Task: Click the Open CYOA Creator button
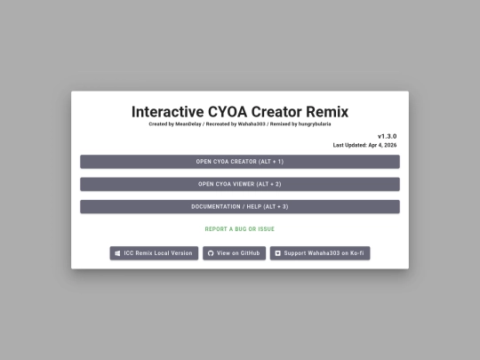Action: [x=240, y=162]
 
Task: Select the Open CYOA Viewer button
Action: [x=240, y=184]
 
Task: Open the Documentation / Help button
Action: [x=240, y=206]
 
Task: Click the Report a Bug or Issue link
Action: [x=240, y=229]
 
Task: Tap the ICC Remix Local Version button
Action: [x=154, y=253]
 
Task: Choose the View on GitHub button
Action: [x=234, y=253]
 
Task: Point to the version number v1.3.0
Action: [x=387, y=136]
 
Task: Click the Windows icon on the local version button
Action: [x=117, y=253]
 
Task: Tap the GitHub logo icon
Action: [x=211, y=253]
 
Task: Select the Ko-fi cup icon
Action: [x=277, y=253]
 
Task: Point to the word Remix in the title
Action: [x=325, y=112]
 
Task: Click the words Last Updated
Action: [x=349, y=145]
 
